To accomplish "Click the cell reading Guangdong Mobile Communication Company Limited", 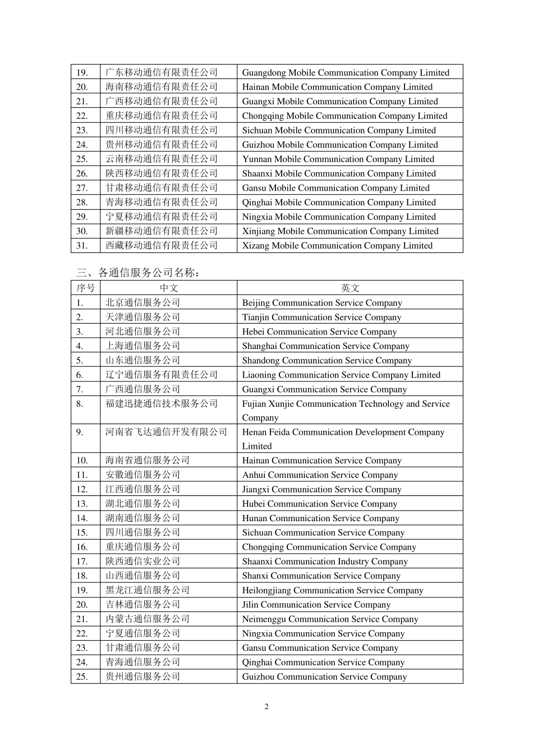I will coord(346,72).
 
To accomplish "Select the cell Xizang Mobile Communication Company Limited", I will coord(337,246).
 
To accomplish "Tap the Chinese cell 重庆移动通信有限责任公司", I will coord(162,116).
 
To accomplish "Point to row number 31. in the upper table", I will coord(82,246).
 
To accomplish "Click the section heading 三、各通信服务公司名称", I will coord(138,273).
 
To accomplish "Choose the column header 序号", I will coord(86,288).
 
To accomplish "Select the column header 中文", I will coord(169,288).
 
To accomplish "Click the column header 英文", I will coord(350,288).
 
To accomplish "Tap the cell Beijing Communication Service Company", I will coord(322,303).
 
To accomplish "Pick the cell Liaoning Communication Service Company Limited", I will coord(341,375).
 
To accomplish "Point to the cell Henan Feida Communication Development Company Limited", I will coord(343,439).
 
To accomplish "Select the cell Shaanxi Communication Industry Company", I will coord(325,562).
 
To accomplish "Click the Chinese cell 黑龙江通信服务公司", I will coord(148,590).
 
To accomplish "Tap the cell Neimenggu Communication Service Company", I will coord(330,619).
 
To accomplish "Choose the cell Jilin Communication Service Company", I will coord(316,605).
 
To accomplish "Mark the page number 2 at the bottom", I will coord(266,706).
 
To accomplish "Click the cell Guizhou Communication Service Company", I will coord(324,677).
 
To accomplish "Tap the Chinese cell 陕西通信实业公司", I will coord(143,561).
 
